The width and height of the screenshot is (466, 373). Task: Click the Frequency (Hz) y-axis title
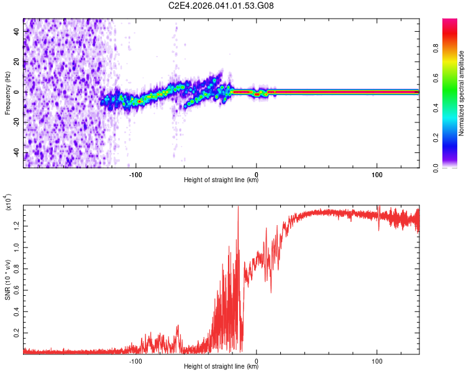pyautogui.click(x=7, y=94)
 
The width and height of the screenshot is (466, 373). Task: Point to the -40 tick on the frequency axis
pyautogui.click(x=16, y=153)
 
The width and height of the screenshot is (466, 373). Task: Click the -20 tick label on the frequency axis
pyautogui.click(x=16, y=122)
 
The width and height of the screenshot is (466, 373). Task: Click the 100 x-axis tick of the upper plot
pyautogui.click(x=377, y=174)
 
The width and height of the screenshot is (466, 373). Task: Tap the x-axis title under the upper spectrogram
pyautogui.click(x=221, y=180)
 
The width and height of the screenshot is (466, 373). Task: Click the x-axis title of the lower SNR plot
pyautogui.click(x=221, y=367)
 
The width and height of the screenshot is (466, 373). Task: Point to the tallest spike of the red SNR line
pyautogui.click(x=238, y=208)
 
